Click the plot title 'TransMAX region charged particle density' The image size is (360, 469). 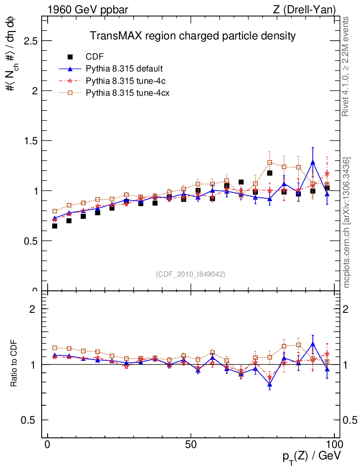[x=192, y=35]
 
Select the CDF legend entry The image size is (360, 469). [x=95, y=57]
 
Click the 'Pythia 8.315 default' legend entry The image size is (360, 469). [x=124, y=69]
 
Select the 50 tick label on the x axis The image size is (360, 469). [x=191, y=445]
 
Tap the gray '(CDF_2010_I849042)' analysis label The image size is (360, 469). [x=191, y=274]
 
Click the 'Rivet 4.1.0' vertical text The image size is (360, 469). [x=346, y=66]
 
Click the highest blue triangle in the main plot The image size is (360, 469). [x=313, y=162]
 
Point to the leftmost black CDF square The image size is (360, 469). [x=55, y=226]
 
